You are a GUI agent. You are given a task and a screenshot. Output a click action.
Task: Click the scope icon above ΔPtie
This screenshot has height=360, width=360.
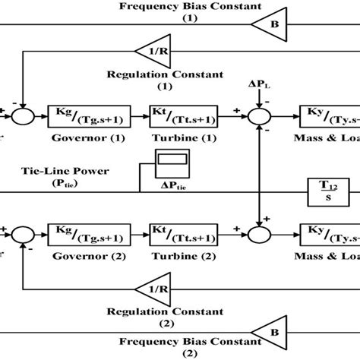168,161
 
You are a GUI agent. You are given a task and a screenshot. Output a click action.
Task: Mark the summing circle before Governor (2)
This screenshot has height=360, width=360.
26,229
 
